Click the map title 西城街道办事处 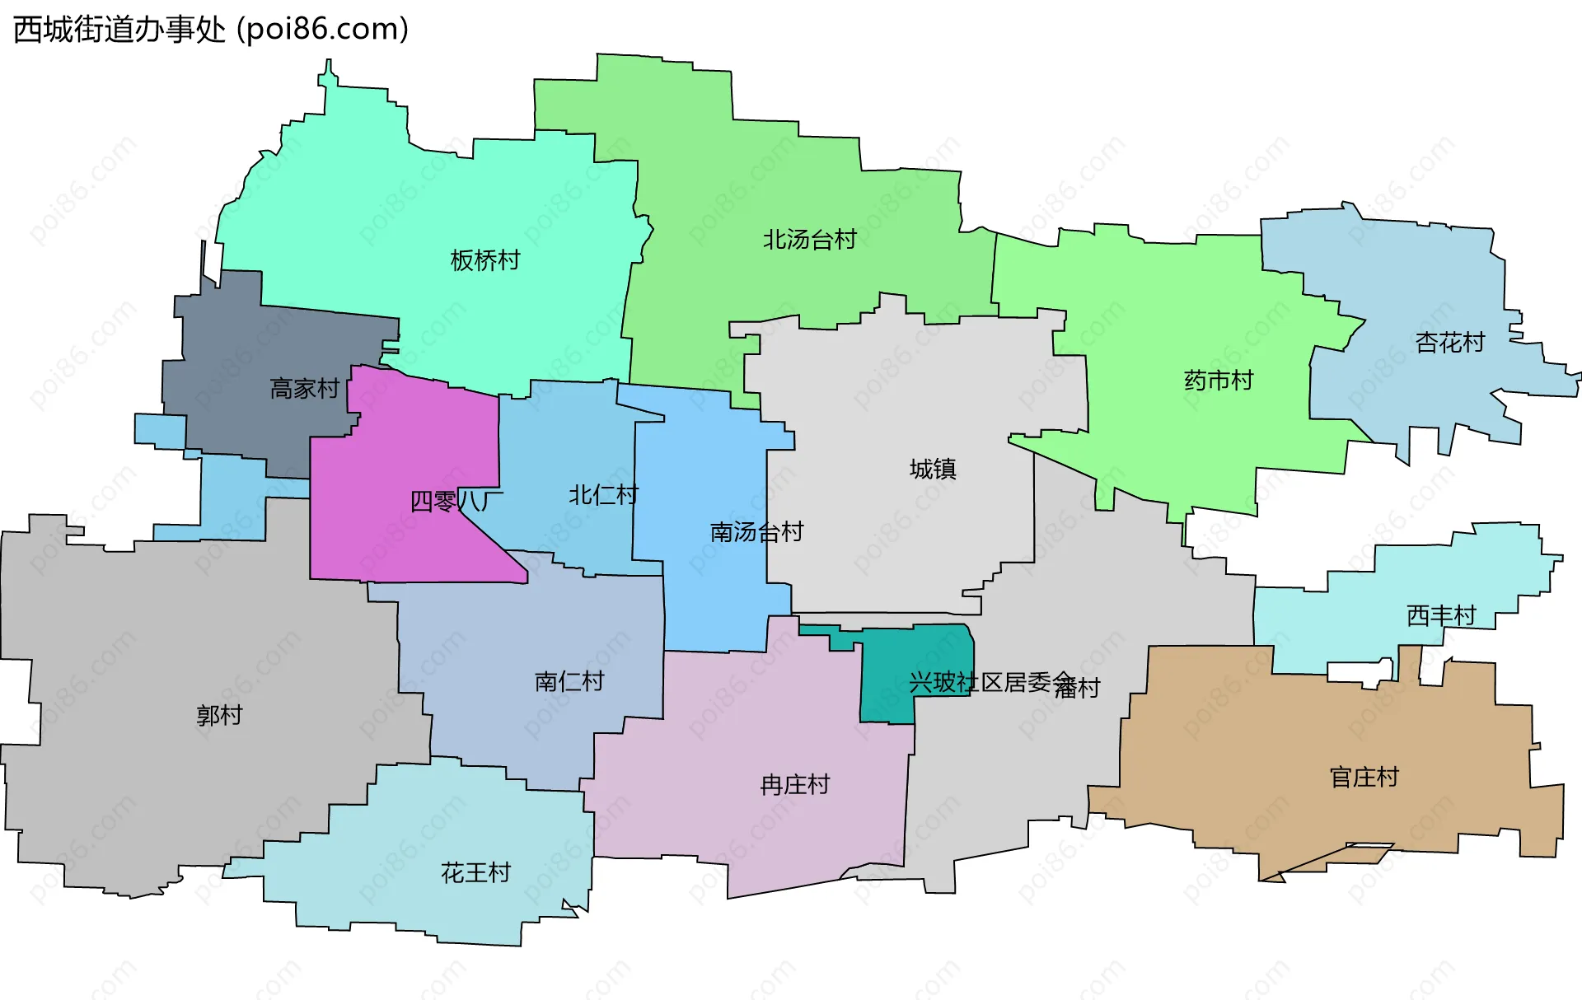(119, 30)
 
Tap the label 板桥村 (485, 260)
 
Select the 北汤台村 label (809, 240)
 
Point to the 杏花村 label (1449, 342)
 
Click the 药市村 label (1218, 381)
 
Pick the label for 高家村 (304, 389)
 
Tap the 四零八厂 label (456, 501)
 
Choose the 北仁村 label (603, 495)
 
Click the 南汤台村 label (756, 532)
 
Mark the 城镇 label (933, 470)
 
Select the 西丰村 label (1440, 615)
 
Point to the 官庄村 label (1364, 777)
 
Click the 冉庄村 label (794, 784)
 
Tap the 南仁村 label (569, 681)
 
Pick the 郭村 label (219, 715)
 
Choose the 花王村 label (475, 872)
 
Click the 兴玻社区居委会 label (991, 682)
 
